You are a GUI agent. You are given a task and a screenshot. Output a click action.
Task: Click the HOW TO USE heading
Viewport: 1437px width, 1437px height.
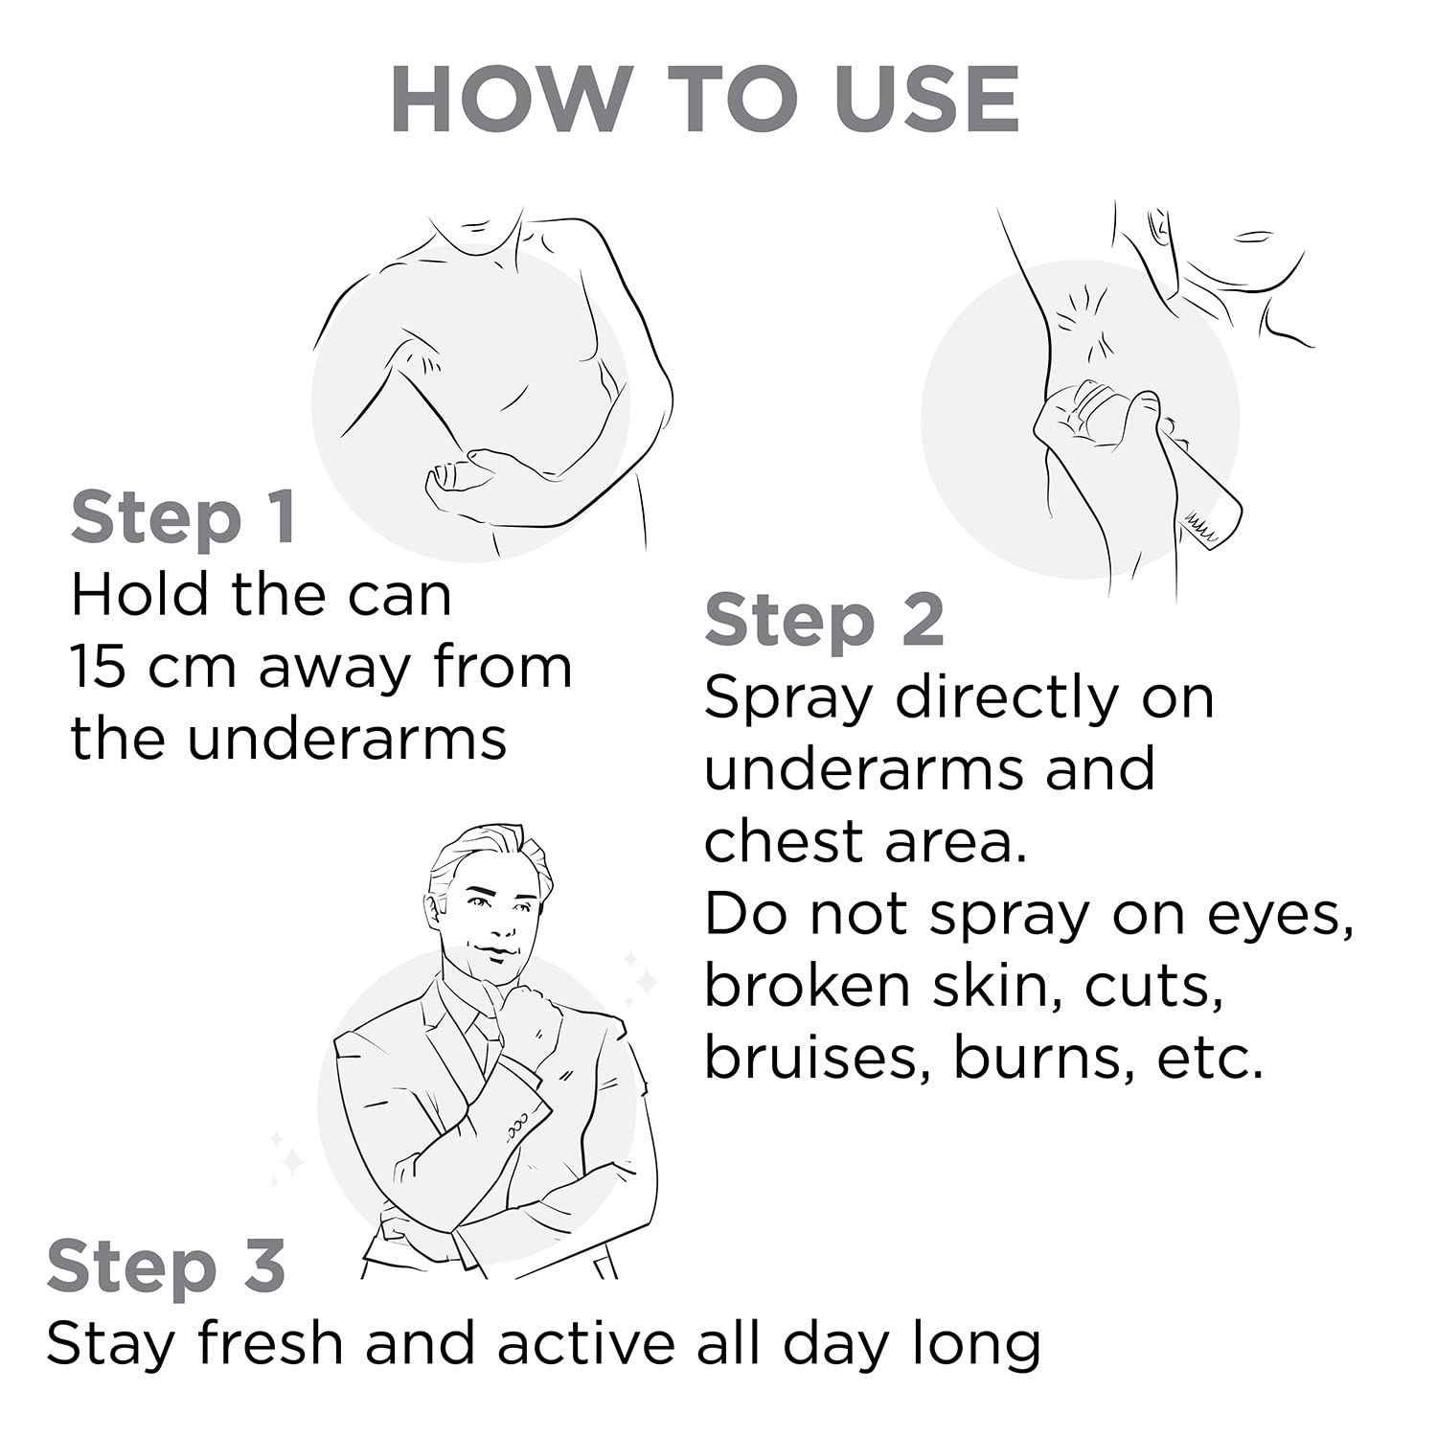point(705,100)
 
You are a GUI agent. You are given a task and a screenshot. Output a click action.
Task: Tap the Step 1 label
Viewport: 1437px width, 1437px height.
point(183,517)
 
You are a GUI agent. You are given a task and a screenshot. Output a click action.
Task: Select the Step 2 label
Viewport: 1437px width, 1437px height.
point(824,621)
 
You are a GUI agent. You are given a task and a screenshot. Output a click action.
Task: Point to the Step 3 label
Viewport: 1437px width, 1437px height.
point(166,1266)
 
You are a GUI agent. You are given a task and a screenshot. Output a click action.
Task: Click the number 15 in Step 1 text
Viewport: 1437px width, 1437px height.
point(98,667)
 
